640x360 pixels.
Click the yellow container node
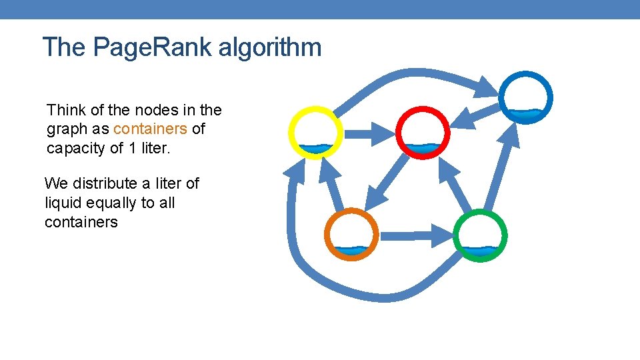tap(315, 133)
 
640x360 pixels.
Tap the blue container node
tap(526, 97)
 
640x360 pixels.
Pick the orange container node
tap(351, 235)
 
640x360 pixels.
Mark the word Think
tap(67, 109)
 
